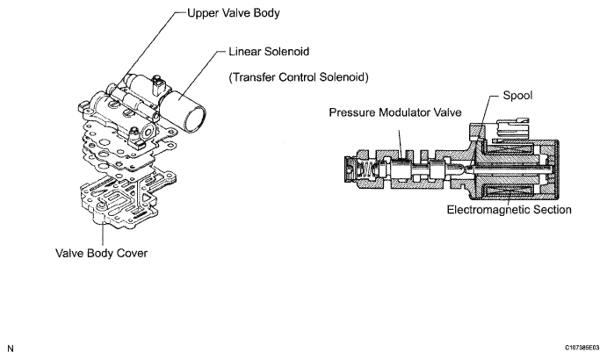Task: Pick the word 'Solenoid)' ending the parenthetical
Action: tap(341, 77)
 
